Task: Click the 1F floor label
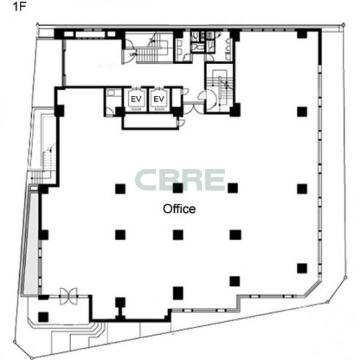19,7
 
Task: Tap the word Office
179,209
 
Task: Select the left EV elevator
136,99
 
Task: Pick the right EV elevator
159,99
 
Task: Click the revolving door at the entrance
68,296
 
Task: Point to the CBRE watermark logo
180,180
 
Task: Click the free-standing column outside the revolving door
43,317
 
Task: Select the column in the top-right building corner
302,34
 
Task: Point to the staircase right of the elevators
220,89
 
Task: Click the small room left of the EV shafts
113,102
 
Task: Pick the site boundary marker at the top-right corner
343,24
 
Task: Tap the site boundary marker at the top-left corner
37,24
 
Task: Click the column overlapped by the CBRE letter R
178,188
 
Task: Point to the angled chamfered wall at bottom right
312,288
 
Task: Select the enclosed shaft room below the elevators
150,122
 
